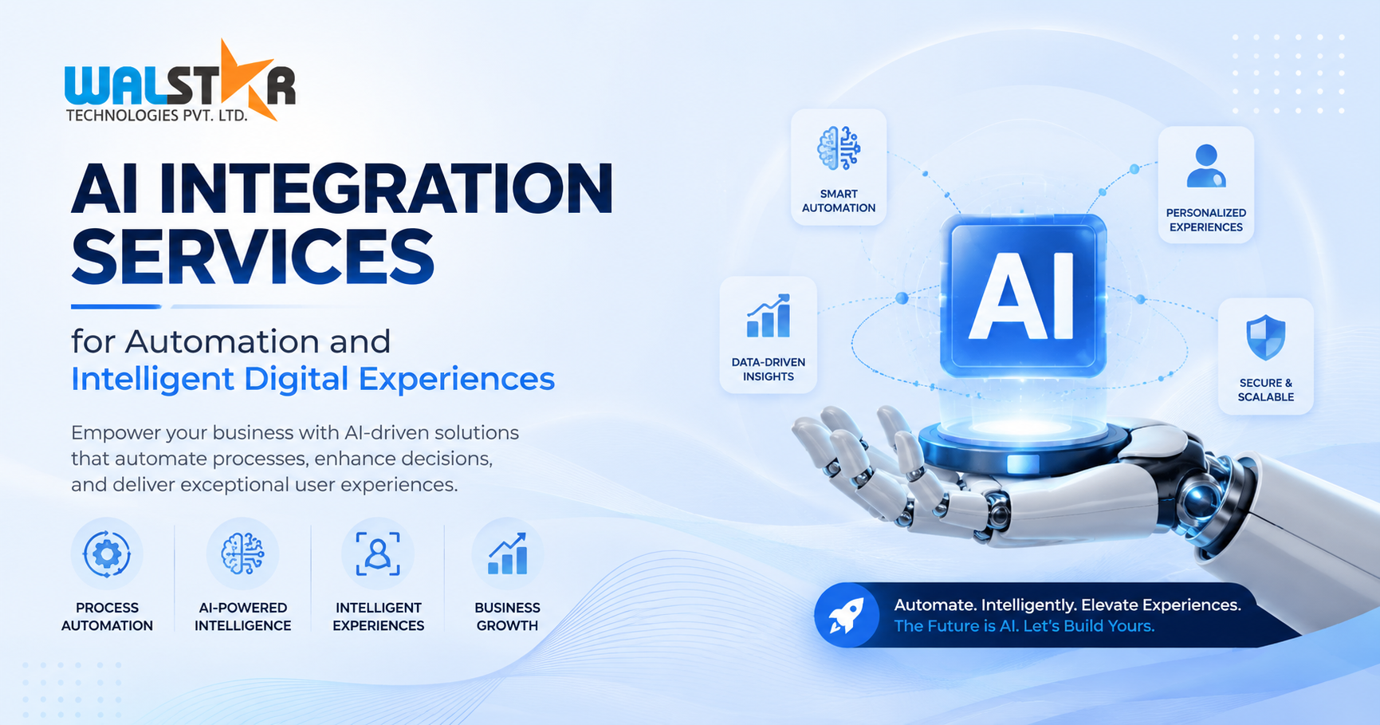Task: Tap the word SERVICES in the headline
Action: tap(253, 257)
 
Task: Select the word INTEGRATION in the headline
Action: tap(387, 188)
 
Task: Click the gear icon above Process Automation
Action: tap(107, 554)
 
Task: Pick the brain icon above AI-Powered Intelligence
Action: tap(242, 554)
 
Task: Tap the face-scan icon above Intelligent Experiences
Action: tap(378, 554)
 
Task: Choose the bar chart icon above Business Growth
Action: tap(508, 554)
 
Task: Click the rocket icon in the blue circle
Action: tap(847, 616)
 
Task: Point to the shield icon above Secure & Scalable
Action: tap(1265, 337)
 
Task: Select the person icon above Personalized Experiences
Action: tap(1206, 166)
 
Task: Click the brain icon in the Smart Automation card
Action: tap(839, 148)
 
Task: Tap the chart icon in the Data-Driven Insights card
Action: tap(769, 316)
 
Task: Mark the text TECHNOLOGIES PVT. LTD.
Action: tap(156, 116)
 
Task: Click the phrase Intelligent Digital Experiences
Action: tap(313, 380)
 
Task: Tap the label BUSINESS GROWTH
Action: tap(507, 617)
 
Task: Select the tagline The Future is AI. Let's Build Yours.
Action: tap(1024, 626)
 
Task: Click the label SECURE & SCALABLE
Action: tap(1265, 390)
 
